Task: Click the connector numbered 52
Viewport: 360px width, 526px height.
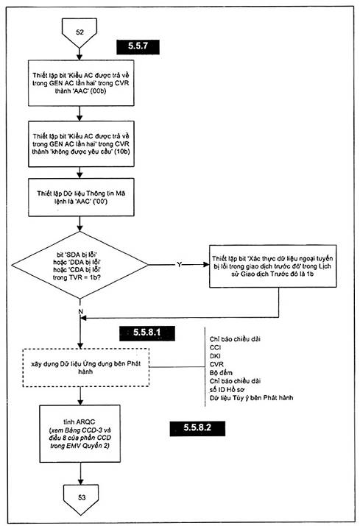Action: [80, 32]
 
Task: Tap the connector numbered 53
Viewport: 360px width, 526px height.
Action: [81, 498]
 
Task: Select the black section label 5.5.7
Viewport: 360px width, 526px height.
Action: [138, 46]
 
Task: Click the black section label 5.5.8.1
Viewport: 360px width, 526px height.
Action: [147, 333]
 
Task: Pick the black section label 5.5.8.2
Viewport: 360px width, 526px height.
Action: [197, 428]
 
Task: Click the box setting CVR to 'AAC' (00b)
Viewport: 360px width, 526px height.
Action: [81, 83]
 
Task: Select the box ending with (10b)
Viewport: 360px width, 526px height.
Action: [81, 144]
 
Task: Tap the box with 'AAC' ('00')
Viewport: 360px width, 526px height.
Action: [81, 197]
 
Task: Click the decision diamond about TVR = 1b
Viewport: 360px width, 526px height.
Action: [80, 265]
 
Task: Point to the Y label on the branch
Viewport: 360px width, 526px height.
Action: [179, 265]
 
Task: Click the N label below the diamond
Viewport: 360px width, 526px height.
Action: [80, 312]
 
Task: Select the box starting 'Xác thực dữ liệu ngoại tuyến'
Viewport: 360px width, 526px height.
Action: [272, 266]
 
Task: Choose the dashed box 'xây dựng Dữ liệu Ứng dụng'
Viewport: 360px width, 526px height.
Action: [85, 368]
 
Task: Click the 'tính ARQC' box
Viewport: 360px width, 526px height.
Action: [80, 434]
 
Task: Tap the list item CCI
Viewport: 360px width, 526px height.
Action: [215, 347]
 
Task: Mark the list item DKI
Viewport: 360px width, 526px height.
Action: [215, 356]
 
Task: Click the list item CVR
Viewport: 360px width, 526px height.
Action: [216, 364]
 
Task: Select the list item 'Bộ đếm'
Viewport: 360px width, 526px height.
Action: [221, 373]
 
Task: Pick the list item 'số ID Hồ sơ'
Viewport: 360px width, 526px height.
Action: [227, 389]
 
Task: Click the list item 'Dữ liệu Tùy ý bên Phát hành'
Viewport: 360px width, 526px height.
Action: [251, 398]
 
